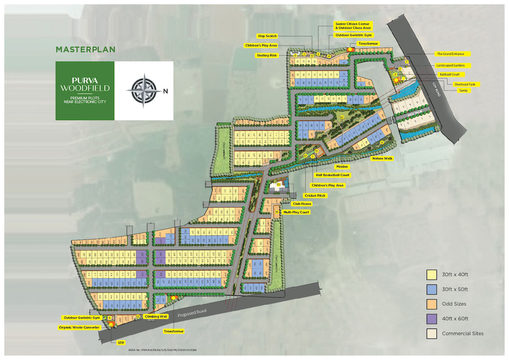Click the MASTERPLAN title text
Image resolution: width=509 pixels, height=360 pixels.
click(86, 49)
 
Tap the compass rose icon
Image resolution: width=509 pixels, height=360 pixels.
click(144, 90)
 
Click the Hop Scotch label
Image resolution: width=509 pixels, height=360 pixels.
click(267, 36)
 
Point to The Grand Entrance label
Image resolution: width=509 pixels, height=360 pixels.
click(450, 54)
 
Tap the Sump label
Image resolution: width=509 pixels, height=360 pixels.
click(450, 90)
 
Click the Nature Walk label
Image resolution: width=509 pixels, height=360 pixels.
click(382, 158)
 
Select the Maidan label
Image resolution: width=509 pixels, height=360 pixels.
click(342, 166)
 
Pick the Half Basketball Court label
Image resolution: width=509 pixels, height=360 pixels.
click(333, 175)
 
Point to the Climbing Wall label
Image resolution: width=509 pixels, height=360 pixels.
click(156, 317)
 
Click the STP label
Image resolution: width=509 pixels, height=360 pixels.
click(121, 343)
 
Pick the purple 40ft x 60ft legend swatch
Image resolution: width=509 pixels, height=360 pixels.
click(432, 319)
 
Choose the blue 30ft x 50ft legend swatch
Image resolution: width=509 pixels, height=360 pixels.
click(432, 289)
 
